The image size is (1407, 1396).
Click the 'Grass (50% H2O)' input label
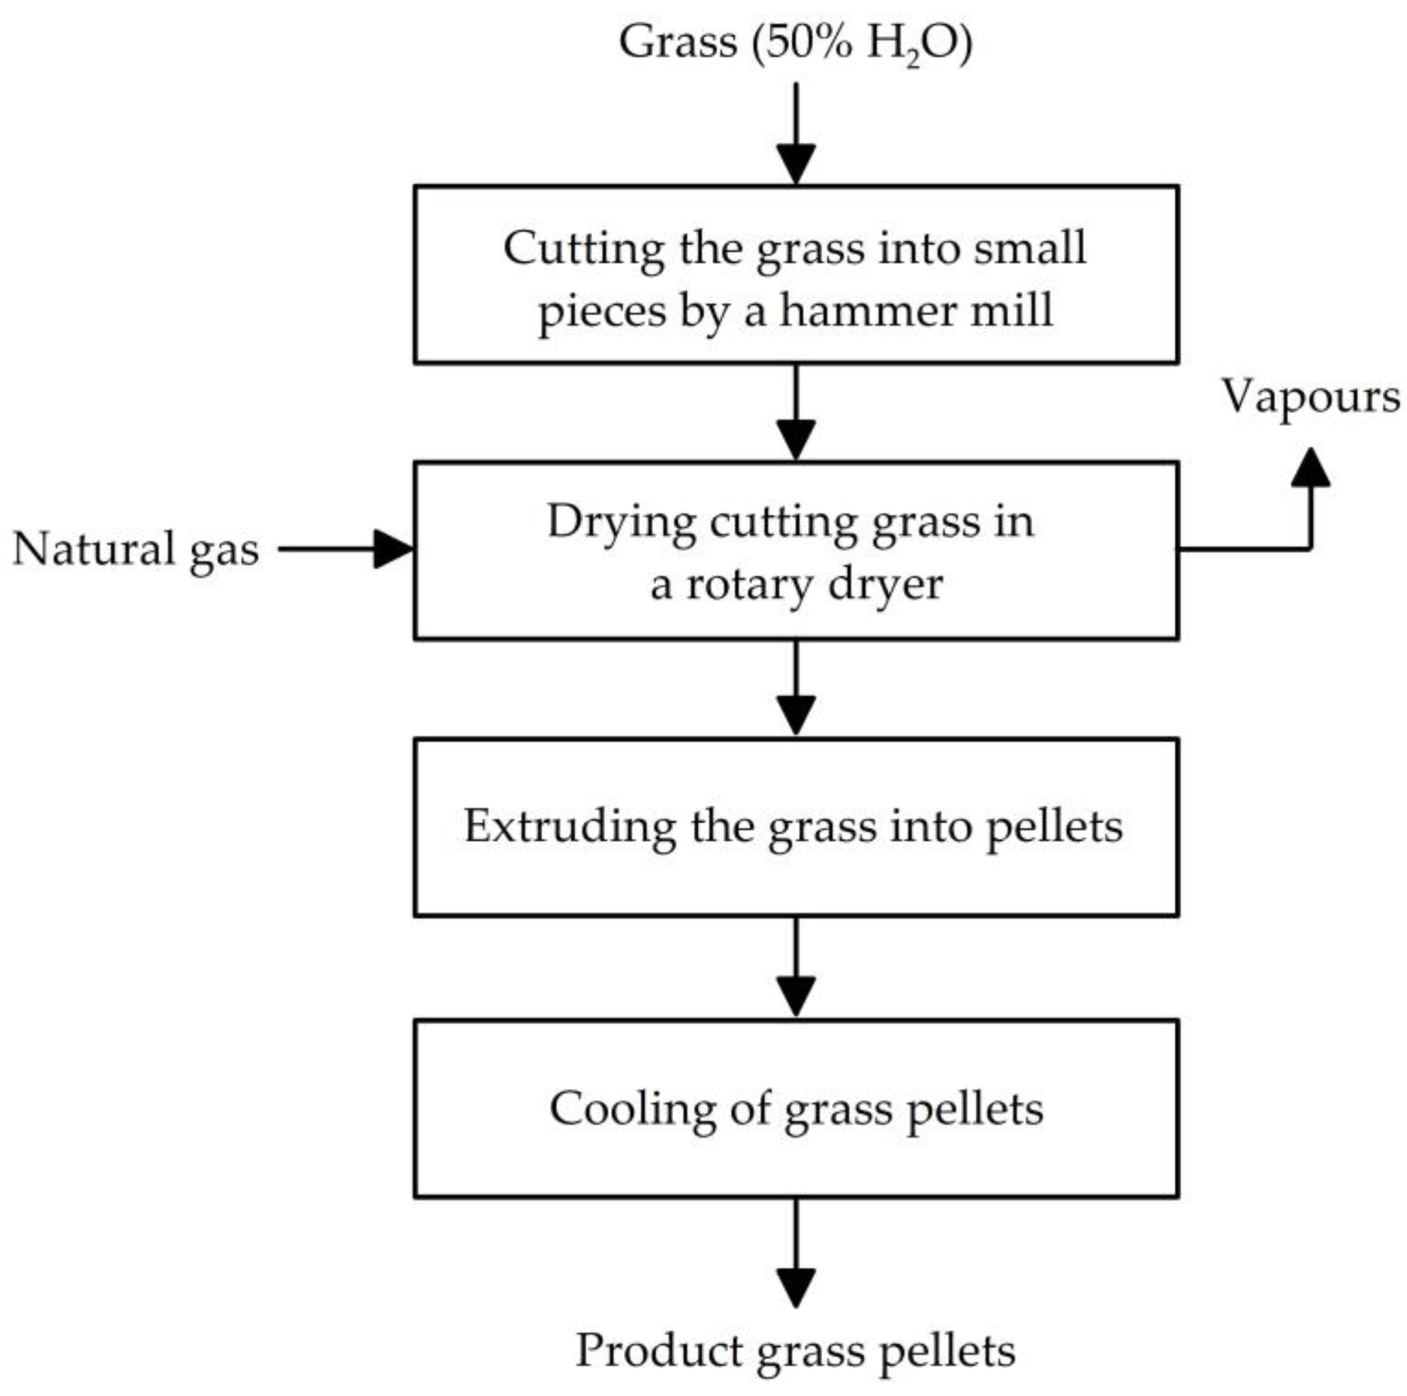pos(795,42)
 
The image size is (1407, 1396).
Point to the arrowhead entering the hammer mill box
pos(795,164)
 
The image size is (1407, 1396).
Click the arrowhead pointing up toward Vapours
pos(1310,468)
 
